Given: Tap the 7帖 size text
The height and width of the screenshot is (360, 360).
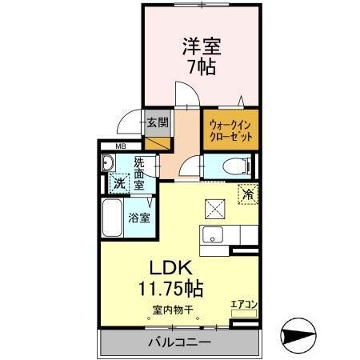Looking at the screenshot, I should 202,67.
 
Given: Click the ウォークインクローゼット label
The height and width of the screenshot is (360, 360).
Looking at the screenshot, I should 231,130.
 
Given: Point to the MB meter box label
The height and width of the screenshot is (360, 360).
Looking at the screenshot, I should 121,146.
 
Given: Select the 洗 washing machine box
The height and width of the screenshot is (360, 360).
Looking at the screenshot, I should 118,182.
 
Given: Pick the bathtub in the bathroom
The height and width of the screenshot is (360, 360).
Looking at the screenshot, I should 111,217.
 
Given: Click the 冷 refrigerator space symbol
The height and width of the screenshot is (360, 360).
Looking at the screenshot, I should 248,192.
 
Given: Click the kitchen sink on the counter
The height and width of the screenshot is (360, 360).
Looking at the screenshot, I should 213,235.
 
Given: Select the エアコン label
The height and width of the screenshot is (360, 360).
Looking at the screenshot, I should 243,304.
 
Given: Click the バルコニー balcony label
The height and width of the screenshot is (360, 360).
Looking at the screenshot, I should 178,342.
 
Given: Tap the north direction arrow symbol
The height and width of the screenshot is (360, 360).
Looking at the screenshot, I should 301,334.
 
